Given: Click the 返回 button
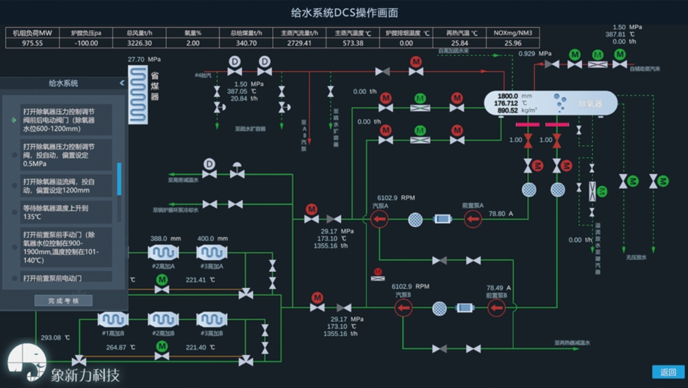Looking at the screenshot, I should coord(667,372).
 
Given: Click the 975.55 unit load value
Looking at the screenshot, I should coord(32,43).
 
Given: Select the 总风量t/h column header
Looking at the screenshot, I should coord(139,33).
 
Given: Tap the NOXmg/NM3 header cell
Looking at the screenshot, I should coord(513,33).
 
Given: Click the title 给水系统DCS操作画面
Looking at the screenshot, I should coord(344,12).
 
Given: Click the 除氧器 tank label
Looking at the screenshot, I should coord(590,104).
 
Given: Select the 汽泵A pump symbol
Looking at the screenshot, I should coord(379,219).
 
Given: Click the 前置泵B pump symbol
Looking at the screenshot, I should coord(497,308).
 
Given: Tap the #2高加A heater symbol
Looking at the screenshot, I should coord(163,253).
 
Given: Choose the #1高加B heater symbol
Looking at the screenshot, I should coord(112,320).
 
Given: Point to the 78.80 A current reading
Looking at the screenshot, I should coord(502,214).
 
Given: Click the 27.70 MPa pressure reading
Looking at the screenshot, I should coord(144,60).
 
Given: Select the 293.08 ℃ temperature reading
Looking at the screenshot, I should coord(56,338).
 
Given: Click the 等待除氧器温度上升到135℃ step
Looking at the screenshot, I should coord(62,212).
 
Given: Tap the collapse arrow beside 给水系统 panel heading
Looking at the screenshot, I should coord(122,83).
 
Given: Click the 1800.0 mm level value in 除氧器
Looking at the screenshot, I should coord(508,96).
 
